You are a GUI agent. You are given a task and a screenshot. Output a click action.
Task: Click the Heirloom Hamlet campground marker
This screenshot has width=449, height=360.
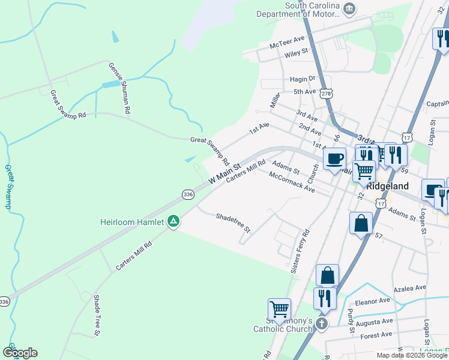(x=173, y=222)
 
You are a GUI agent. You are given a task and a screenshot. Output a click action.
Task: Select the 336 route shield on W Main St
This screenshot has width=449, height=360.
(x=188, y=194)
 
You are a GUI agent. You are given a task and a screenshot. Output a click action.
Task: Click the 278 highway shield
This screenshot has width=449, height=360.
(x=326, y=94)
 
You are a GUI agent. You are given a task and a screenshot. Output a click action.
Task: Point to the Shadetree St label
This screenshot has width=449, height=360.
(x=233, y=223)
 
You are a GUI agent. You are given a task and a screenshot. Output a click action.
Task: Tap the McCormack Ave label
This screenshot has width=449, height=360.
(x=292, y=182)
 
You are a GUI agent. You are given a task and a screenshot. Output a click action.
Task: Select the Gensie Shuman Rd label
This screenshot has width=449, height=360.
(x=119, y=88)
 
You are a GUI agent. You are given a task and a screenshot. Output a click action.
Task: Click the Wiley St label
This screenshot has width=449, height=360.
(x=297, y=52)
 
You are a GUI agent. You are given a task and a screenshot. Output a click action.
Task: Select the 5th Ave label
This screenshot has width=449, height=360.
(x=304, y=92)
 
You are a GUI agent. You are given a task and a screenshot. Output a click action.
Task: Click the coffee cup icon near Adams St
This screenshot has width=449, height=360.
(x=335, y=160)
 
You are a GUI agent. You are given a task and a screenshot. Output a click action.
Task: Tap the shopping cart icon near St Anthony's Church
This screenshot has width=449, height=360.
(x=279, y=310)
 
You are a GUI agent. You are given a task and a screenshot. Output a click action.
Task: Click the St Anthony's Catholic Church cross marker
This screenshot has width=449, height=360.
(x=322, y=325)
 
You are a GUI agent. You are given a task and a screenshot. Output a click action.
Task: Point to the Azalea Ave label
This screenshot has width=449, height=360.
(x=409, y=289)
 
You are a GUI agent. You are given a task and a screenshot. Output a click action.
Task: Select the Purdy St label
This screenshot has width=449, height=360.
(x=351, y=316)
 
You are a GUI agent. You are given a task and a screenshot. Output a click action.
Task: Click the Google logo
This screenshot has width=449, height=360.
(x=20, y=353)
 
